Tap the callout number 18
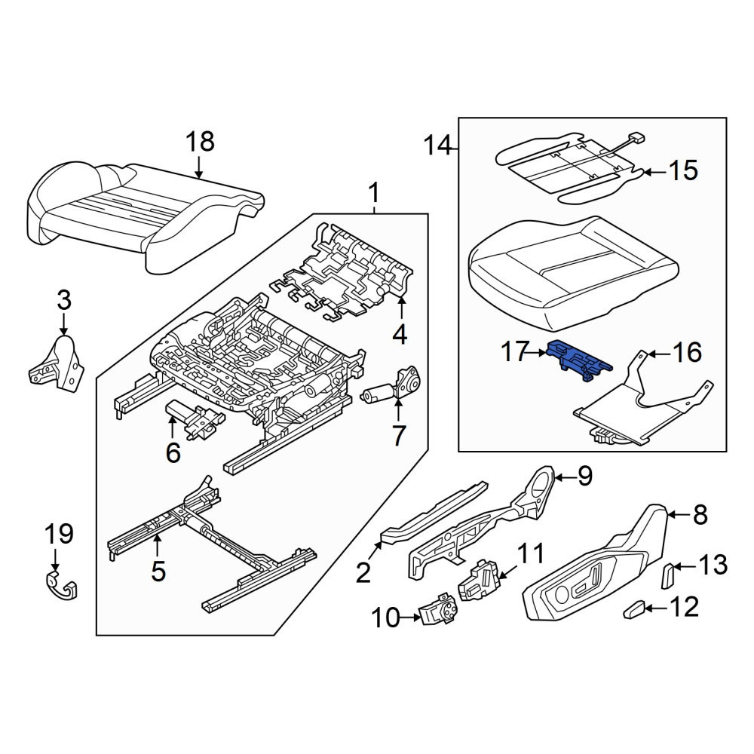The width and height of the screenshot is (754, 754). (x=200, y=143)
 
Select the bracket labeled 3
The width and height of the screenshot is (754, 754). (x=57, y=363)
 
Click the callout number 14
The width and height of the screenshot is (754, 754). (x=437, y=146)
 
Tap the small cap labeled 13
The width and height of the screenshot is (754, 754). (x=669, y=576)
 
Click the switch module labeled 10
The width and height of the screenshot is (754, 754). (x=440, y=609)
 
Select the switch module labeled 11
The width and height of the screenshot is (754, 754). (x=480, y=580)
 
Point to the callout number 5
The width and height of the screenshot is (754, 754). (x=158, y=572)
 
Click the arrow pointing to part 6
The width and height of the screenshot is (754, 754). (x=172, y=427)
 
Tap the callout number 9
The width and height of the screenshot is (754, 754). (x=584, y=477)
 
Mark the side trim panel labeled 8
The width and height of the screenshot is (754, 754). (x=596, y=562)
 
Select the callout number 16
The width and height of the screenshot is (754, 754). (x=688, y=352)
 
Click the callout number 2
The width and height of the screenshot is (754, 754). (x=363, y=573)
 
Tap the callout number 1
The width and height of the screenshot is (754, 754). (x=374, y=194)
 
